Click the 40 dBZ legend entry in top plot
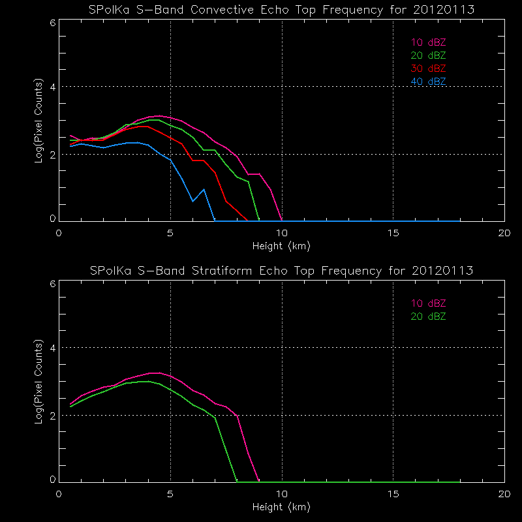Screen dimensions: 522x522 click(x=428, y=82)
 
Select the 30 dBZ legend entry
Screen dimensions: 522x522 click(x=428, y=69)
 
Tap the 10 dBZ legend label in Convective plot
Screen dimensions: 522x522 click(x=428, y=42)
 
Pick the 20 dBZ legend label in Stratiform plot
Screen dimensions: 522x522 click(x=428, y=316)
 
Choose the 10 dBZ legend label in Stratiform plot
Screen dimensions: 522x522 click(x=428, y=303)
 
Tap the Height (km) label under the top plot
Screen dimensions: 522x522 click(x=281, y=246)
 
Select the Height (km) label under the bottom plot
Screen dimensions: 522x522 click(x=281, y=506)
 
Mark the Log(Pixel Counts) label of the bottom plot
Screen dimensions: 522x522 click(x=40, y=381)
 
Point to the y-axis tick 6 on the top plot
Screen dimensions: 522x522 click(x=52, y=22)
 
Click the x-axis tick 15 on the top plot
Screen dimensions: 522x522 click(x=393, y=233)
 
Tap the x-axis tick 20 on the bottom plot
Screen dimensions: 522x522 click(x=504, y=493)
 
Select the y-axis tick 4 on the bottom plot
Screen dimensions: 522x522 click(x=52, y=348)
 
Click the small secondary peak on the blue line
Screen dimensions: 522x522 click(x=204, y=190)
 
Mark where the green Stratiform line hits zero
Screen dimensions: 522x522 click(x=237, y=481)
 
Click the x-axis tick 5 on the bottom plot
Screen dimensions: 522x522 click(x=170, y=493)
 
